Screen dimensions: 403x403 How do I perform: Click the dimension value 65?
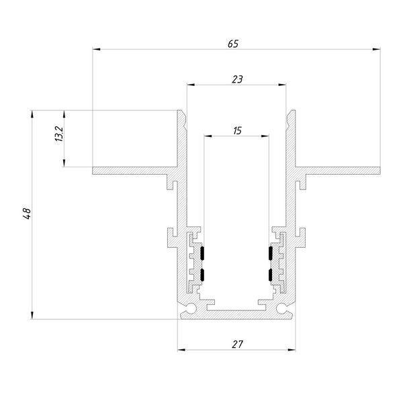pyautogui.click(x=233, y=44)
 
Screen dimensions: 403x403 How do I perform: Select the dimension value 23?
pyautogui.click(x=237, y=79)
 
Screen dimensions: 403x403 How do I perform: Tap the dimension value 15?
pyautogui.click(x=237, y=131)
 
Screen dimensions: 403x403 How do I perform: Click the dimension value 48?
pyautogui.click(x=27, y=214)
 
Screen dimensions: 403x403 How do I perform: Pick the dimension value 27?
pyautogui.click(x=237, y=345)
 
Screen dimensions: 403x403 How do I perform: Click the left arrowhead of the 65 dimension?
pyautogui.click(x=96, y=49)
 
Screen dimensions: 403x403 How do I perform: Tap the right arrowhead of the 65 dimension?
pyautogui.click(x=376, y=49)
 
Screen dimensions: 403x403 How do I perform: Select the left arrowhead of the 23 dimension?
pyautogui.click(x=191, y=85)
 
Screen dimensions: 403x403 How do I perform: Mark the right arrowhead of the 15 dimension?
pyautogui.click(x=265, y=136)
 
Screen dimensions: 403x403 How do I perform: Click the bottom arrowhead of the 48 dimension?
pyautogui.click(x=32, y=316)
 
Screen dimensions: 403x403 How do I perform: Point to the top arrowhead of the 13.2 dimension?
pyautogui.click(x=64, y=114)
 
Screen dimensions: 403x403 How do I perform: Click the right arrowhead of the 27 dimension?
pyautogui.click(x=292, y=350)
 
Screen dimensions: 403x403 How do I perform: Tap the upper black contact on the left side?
pyautogui.click(x=202, y=253)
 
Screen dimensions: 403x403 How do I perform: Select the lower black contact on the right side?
pyautogui.click(x=271, y=275)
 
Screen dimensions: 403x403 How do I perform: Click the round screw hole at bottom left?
pyautogui.click(x=191, y=308)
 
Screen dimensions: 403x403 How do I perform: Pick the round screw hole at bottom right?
pyautogui.click(x=282, y=308)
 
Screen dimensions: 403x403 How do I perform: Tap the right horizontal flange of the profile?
pyautogui.click(x=338, y=171)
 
